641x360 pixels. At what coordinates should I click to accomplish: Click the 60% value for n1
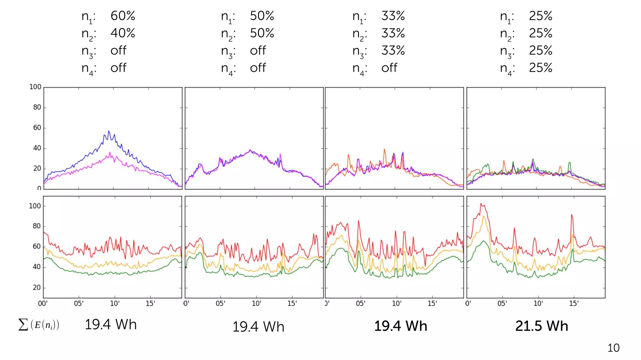[123, 16]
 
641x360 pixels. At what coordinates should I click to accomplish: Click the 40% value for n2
[123, 33]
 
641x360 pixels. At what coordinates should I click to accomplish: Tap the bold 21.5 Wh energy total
[541, 326]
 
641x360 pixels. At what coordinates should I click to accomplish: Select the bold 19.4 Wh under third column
[401, 326]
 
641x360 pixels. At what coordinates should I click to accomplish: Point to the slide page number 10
[613, 348]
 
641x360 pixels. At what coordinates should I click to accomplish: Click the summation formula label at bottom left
[39, 325]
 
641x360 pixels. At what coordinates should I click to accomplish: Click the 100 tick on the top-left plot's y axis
[35, 87]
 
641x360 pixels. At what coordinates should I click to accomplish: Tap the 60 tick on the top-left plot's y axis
[37, 128]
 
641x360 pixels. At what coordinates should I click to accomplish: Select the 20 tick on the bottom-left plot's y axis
[37, 287]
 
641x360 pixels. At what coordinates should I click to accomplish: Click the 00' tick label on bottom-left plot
[43, 303]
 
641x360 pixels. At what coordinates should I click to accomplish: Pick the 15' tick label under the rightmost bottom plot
[574, 303]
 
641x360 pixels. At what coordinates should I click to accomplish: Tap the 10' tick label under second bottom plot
[256, 303]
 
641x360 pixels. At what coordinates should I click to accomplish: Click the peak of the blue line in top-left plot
[109, 131]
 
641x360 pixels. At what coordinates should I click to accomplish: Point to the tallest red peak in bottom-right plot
[481, 204]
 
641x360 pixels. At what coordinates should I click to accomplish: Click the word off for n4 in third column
[389, 68]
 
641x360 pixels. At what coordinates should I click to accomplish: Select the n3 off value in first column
[118, 51]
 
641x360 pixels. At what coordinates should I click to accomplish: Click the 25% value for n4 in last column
[541, 68]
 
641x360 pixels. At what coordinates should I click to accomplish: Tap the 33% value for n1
[393, 16]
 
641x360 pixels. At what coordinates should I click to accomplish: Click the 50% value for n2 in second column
[262, 33]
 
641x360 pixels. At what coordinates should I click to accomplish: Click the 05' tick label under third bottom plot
[361, 303]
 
